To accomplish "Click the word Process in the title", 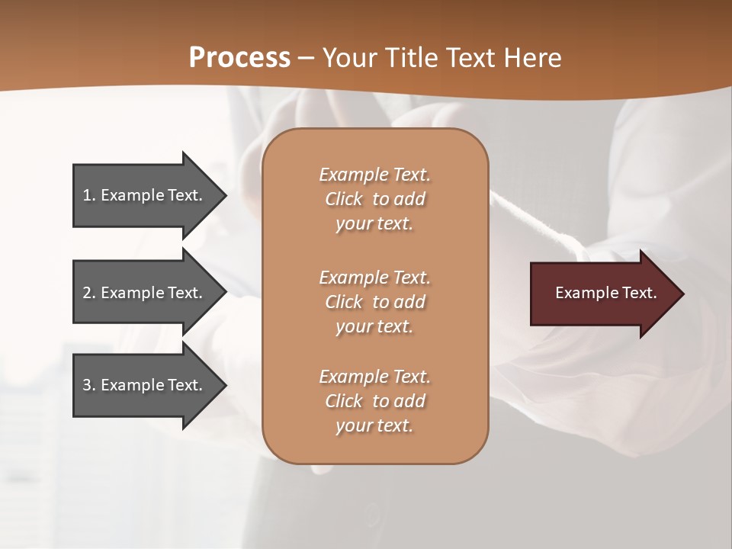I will (x=239, y=58).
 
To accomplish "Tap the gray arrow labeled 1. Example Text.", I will (x=145, y=195).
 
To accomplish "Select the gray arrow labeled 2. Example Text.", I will (x=145, y=293).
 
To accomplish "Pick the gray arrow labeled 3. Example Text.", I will (x=145, y=385).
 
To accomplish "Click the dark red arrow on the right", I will (x=602, y=293).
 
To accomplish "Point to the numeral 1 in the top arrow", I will (x=87, y=195).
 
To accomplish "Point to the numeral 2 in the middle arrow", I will (x=87, y=293).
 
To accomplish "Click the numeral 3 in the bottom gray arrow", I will (x=87, y=385).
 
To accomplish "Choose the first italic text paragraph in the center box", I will (x=374, y=199).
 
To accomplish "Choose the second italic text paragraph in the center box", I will (x=374, y=301).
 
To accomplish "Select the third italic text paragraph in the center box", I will (x=374, y=401).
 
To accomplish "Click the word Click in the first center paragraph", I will (x=344, y=199).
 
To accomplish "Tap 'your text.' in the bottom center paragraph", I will (x=374, y=425).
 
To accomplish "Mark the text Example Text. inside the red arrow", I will (x=605, y=293).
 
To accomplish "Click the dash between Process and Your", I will (x=307, y=58).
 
